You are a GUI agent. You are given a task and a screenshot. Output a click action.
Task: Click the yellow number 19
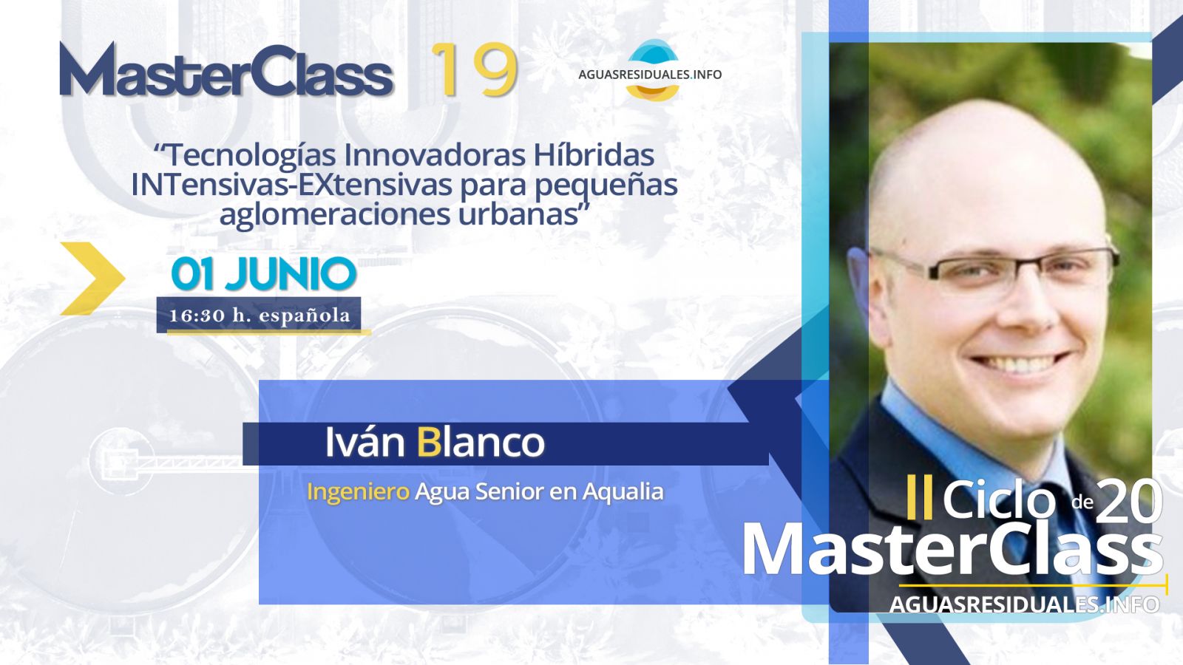click(x=474, y=69)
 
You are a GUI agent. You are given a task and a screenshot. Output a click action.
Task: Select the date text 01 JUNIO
click(x=264, y=274)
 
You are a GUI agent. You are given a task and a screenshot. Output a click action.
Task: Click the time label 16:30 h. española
click(x=260, y=315)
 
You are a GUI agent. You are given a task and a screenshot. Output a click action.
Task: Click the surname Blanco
click(x=481, y=442)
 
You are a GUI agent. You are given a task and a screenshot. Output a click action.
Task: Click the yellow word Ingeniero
click(x=358, y=492)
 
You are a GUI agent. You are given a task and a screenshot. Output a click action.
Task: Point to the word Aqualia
click(x=623, y=492)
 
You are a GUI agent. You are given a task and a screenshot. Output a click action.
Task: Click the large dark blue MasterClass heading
click(x=227, y=69)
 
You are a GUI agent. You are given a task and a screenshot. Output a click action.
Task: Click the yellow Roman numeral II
click(x=920, y=497)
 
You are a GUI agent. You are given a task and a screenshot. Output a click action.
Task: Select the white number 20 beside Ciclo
click(x=1129, y=502)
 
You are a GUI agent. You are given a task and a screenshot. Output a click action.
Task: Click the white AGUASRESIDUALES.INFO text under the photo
click(x=1025, y=604)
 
